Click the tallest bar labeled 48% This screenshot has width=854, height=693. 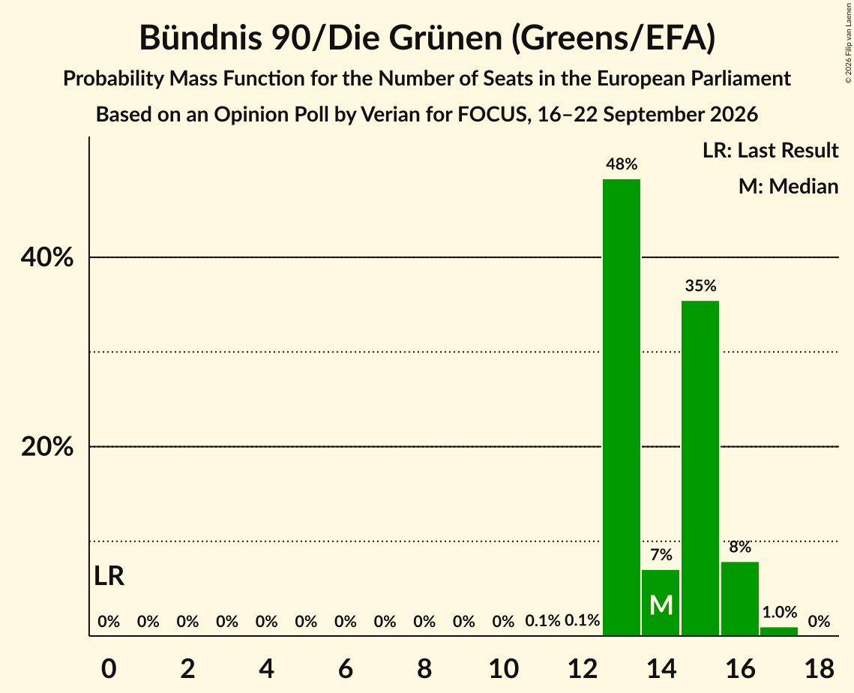622,407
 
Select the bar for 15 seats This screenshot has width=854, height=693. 700,468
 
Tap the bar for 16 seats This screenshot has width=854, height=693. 739,598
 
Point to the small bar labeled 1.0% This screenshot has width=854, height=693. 779,631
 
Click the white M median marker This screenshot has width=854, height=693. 661,605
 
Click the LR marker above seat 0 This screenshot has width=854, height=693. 109,576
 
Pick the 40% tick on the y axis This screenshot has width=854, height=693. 46,256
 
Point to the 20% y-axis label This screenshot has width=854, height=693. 46,446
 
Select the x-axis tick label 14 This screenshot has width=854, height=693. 661,668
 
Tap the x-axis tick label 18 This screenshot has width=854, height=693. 820,668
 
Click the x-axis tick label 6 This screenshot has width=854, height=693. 346,668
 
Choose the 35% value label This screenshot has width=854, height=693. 700,286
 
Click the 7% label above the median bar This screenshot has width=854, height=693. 661,554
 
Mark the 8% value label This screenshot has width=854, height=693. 739,547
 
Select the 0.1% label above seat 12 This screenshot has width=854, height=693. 583,620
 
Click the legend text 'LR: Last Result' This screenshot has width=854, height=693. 770,150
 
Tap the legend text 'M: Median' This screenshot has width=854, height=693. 788,186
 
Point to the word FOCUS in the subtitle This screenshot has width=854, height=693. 493,115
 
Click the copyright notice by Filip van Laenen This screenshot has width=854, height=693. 849,48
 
